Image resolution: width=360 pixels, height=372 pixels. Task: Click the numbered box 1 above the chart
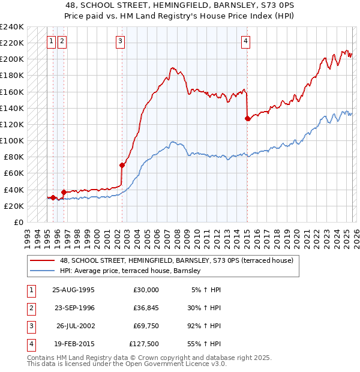coord(52,41)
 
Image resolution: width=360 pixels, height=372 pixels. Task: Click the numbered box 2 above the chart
coord(62,41)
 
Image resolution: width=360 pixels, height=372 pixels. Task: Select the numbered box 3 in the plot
coord(121,41)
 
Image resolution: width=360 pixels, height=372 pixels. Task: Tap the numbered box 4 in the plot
coord(246,41)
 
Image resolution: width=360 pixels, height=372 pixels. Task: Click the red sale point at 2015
coord(247,118)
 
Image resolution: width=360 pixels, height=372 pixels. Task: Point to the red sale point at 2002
coord(122,165)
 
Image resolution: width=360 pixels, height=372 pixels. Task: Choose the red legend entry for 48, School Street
coord(176,260)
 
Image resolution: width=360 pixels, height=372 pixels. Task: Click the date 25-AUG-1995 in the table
coord(73,290)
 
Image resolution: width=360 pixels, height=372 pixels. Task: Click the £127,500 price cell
coord(144,344)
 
